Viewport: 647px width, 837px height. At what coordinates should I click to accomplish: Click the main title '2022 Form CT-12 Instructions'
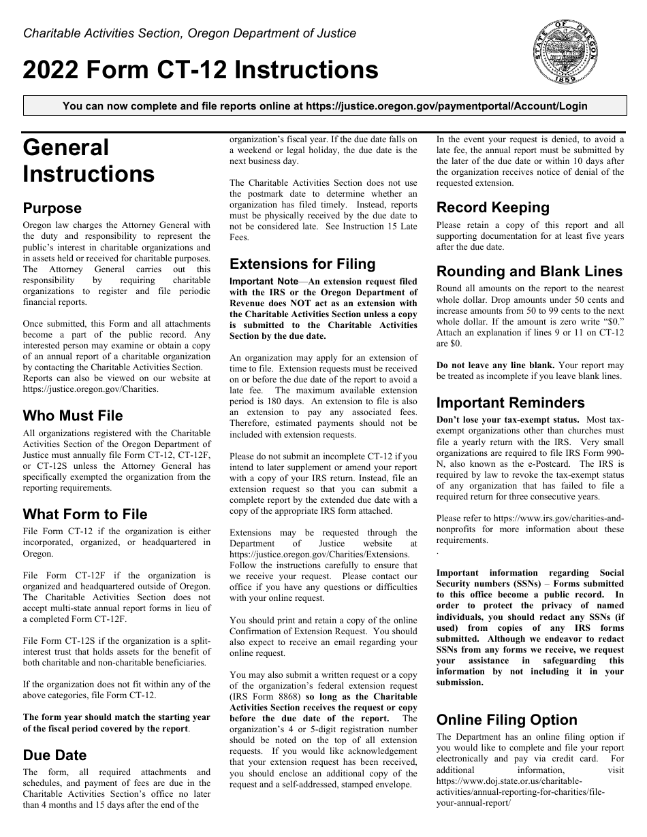pyautogui.click(x=201, y=70)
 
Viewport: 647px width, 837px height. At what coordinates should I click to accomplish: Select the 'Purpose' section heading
pyautogui.click(x=52, y=208)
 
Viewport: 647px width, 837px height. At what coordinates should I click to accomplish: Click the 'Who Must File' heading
pyautogui.click(x=73, y=416)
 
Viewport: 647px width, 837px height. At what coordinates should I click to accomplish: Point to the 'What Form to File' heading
pyautogui.click(x=85, y=514)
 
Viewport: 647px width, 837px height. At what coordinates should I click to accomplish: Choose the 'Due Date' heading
pyautogui.click(x=54, y=755)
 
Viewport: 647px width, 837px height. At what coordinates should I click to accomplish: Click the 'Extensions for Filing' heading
pyautogui.click(x=302, y=264)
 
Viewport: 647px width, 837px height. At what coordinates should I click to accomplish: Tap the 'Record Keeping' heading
pyautogui.click(x=493, y=208)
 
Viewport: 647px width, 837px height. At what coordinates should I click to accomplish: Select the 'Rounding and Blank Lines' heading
pyautogui.click(x=529, y=272)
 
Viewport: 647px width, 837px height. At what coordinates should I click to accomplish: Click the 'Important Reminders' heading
pyautogui.click(x=510, y=403)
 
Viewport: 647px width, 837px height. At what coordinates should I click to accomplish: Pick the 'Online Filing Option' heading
pyautogui.click(x=507, y=720)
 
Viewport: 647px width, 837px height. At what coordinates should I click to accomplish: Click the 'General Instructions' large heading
pyautogui.click(x=89, y=161)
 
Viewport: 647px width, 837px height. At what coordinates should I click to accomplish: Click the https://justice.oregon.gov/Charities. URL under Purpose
pyautogui.click(x=91, y=389)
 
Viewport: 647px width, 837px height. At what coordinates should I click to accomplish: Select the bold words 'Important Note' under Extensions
pyautogui.click(x=264, y=282)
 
